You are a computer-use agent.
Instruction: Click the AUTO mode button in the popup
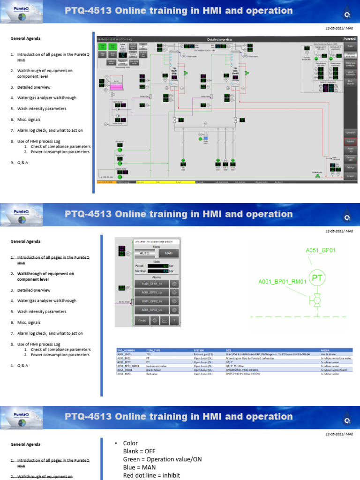tap(143, 253)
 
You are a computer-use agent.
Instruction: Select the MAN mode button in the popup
tap(168, 253)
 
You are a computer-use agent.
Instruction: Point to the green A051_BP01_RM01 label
tap(282, 282)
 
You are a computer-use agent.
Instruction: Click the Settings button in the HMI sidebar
tap(350, 167)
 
